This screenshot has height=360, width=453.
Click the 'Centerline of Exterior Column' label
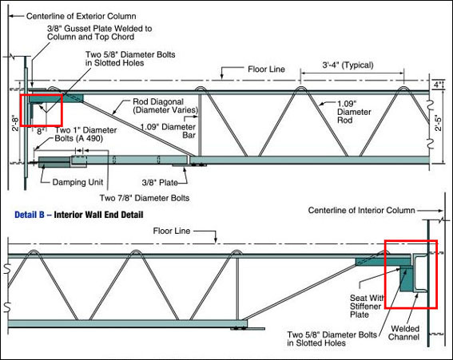click(81, 16)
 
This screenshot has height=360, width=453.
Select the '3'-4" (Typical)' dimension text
click(348, 65)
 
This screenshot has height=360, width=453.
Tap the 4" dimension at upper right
click(438, 85)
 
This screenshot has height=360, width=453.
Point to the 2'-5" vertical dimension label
click(439, 123)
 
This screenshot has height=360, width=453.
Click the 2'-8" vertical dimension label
click(15, 123)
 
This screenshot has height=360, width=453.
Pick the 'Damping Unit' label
click(77, 183)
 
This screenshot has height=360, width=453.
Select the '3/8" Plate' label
click(160, 183)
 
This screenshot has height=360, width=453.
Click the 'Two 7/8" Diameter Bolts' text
click(145, 198)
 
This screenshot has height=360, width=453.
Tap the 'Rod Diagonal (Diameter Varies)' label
click(165, 105)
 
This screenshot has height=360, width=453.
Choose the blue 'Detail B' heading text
click(30, 215)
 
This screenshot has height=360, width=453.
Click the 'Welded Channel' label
click(403, 333)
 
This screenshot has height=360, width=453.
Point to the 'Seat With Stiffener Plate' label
click(367, 306)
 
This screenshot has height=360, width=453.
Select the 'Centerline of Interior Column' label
click(361, 210)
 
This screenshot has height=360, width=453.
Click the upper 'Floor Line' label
click(266, 69)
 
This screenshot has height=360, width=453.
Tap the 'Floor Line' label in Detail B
click(172, 231)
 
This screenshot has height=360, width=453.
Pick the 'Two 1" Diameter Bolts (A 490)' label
click(85, 134)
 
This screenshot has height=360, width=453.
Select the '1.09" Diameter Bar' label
click(168, 131)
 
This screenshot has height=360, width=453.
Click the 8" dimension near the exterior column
click(41, 132)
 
